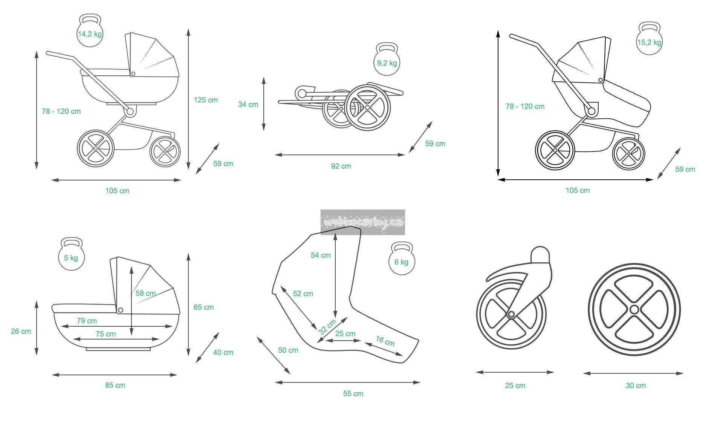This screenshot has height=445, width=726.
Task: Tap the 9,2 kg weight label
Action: (x=387, y=63)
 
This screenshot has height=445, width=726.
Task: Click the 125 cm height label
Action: (x=206, y=100)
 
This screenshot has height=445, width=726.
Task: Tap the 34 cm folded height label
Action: (x=248, y=104)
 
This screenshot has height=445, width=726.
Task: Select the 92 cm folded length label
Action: (x=341, y=166)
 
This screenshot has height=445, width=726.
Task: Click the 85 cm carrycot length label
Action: (x=115, y=385)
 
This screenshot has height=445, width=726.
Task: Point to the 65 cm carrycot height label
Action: (x=203, y=307)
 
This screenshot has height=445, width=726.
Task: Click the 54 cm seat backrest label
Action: (x=321, y=255)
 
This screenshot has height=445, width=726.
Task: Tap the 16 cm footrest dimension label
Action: (x=385, y=341)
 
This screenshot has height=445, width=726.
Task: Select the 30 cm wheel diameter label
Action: (x=636, y=385)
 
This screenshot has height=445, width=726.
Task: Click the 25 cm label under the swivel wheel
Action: (x=515, y=385)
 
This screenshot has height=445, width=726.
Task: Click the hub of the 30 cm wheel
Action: (x=634, y=310)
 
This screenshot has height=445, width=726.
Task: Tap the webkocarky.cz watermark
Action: (x=362, y=222)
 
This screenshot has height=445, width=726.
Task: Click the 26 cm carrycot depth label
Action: (x=21, y=331)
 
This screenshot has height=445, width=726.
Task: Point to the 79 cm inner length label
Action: (x=87, y=321)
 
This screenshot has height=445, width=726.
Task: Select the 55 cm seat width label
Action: (x=353, y=393)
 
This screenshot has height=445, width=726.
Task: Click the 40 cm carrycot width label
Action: (x=223, y=352)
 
